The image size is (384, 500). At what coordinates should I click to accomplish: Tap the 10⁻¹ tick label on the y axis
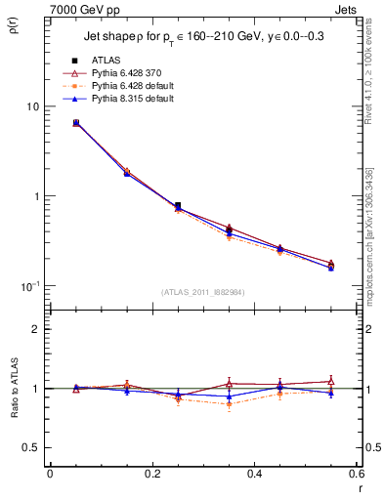(30, 285)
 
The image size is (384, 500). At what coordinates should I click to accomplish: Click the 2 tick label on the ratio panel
(35, 329)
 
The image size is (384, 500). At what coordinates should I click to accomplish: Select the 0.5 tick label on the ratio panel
(31, 447)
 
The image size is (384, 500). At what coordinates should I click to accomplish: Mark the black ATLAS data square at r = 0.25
(177, 206)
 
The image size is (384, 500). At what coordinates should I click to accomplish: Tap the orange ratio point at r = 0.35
(229, 403)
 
